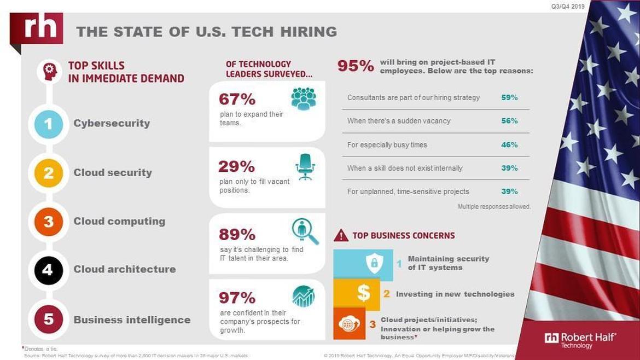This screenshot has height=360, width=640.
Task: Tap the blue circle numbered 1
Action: point(48,124)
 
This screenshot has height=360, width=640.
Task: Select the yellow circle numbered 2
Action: point(48,173)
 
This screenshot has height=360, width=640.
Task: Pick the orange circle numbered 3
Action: point(48,222)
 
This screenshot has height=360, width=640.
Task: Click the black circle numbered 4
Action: point(48,269)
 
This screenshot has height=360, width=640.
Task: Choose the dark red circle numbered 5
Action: point(48,320)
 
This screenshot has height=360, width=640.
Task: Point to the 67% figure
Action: point(237,99)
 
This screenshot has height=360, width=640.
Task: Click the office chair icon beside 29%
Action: point(305,166)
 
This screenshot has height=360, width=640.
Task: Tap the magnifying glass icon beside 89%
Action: point(305,231)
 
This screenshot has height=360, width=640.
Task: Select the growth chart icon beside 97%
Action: point(304,297)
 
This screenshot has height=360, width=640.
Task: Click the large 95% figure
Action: point(356,66)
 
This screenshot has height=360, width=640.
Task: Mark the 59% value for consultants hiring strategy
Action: point(509,97)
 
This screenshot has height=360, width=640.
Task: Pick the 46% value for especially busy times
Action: point(509,145)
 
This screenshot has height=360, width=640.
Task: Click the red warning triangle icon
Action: point(341,235)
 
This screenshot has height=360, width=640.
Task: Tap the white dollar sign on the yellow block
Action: point(363,293)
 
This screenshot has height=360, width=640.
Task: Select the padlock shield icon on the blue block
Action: point(374,264)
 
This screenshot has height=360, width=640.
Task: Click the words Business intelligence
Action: point(132,320)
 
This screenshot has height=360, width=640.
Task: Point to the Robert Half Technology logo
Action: point(580,340)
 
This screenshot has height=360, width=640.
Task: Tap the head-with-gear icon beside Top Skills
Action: point(50,72)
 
